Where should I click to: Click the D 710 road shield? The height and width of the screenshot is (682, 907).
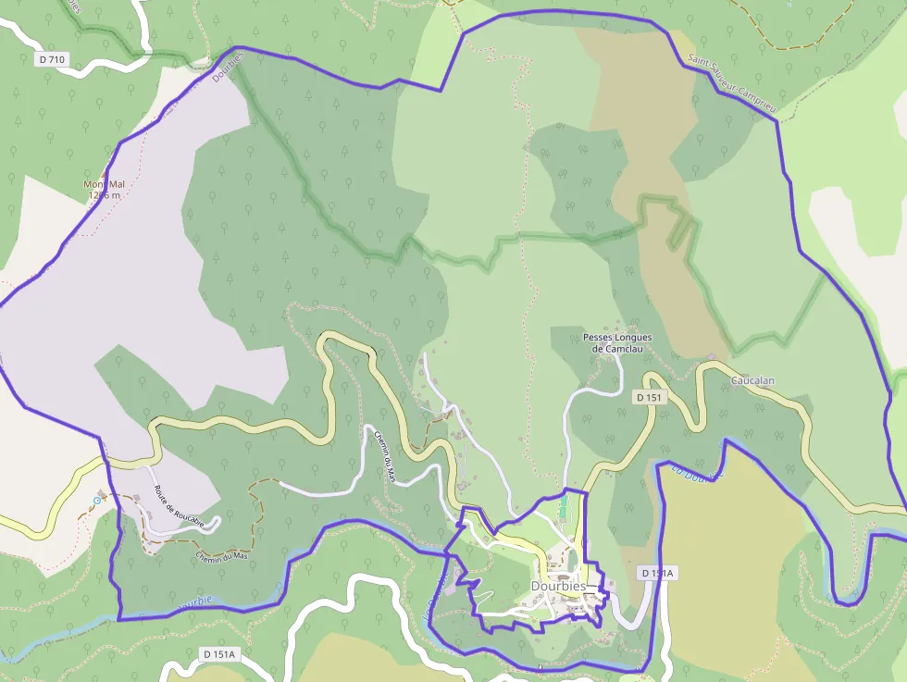pyautogui.click(x=53, y=59)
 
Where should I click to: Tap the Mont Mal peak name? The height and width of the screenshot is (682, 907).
pyautogui.click(x=104, y=184)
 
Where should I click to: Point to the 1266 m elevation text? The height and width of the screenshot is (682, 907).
pyautogui.click(x=104, y=195)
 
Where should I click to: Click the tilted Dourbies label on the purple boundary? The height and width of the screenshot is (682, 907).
pyautogui.click(x=227, y=66)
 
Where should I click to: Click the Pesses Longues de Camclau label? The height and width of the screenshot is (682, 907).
pyautogui.click(x=617, y=343)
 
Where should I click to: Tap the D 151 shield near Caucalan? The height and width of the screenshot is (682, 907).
pyautogui.click(x=650, y=397)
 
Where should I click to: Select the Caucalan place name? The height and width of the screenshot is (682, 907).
pyautogui.click(x=752, y=380)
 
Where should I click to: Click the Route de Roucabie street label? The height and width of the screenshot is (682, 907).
pyautogui.click(x=172, y=502)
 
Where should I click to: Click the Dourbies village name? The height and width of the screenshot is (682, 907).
pyautogui.click(x=558, y=586)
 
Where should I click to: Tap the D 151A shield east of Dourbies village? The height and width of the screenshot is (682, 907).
pyautogui.click(x=658, y=574)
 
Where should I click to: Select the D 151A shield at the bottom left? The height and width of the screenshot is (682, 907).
pyautogui.click(x=220, y=654)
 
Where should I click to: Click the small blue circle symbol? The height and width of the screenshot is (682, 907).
pyautogui.click(x=97, y=501)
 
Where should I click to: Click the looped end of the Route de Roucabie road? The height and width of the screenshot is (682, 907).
pyautogui.click(x=211, y=525)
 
